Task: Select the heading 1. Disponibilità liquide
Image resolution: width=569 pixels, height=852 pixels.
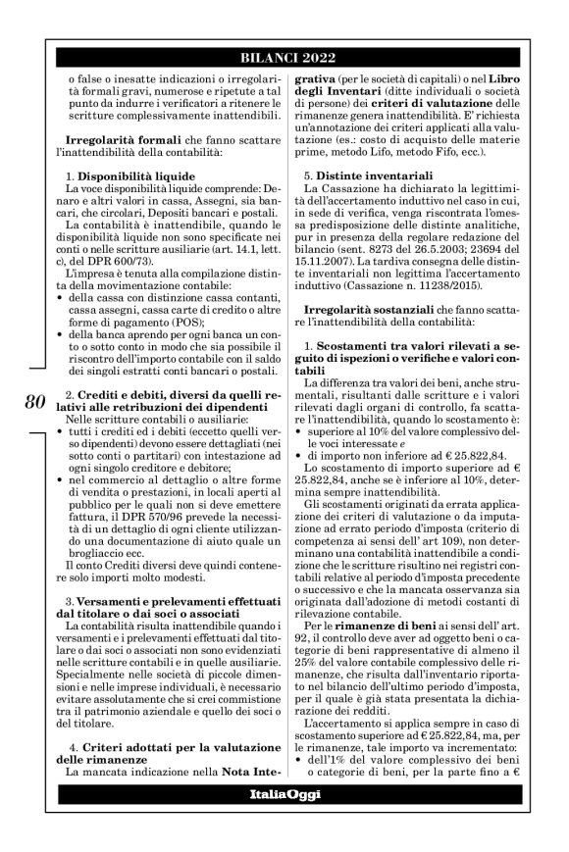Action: click(128, 175)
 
